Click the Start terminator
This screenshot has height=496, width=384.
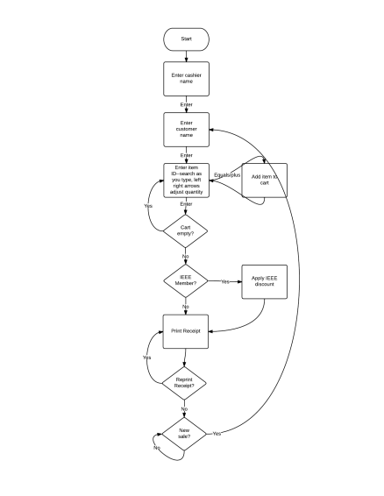click(186, 39)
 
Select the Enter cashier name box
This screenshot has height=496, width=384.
click(186, 79)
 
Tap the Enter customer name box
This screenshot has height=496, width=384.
click(186, 130)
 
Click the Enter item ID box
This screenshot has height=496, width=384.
click(186, 180)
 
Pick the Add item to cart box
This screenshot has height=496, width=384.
click(265, 180)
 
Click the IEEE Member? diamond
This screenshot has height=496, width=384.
click(186, 281)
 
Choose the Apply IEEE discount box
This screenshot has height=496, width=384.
click(265, 281)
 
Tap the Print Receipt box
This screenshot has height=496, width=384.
click(186, 332)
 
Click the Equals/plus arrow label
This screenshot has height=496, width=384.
click(227, 175)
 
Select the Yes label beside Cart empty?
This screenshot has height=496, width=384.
click(148, 206)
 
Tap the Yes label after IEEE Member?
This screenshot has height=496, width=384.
click(225, 282)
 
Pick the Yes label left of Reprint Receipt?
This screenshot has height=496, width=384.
click(147, 358)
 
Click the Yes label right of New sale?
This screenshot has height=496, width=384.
click(216, 434)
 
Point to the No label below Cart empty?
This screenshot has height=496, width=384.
click(186, 256)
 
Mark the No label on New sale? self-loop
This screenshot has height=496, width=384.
click(157, 448)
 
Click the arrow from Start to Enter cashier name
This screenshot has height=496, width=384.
click(186, 56)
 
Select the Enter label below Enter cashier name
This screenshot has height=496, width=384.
click(186, 104)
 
